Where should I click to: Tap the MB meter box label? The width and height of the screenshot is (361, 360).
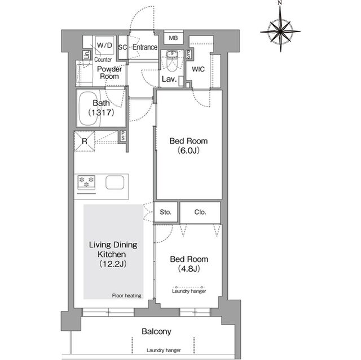173,38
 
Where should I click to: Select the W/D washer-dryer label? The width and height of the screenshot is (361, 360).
104,45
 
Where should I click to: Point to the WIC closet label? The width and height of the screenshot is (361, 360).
198,69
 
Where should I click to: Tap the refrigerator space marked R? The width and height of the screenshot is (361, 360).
85,141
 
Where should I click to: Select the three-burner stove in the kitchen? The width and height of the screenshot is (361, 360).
86,183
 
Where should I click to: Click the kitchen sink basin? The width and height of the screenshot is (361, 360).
115,183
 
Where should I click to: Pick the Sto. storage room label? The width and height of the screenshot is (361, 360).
165,212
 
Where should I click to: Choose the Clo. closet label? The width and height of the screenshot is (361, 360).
200,212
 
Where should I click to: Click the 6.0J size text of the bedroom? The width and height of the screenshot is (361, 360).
188,150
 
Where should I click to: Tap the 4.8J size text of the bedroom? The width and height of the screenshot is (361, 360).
189,269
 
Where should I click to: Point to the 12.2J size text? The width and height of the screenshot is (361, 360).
113,264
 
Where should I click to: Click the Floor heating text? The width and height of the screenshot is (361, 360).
126,296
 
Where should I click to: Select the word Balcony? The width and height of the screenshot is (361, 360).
156,331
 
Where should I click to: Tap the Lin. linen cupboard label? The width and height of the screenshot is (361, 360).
86,55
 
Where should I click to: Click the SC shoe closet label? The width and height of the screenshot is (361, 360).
122,47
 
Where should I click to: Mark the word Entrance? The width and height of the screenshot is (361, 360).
145,47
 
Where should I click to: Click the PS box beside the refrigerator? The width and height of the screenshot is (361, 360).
123,136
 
